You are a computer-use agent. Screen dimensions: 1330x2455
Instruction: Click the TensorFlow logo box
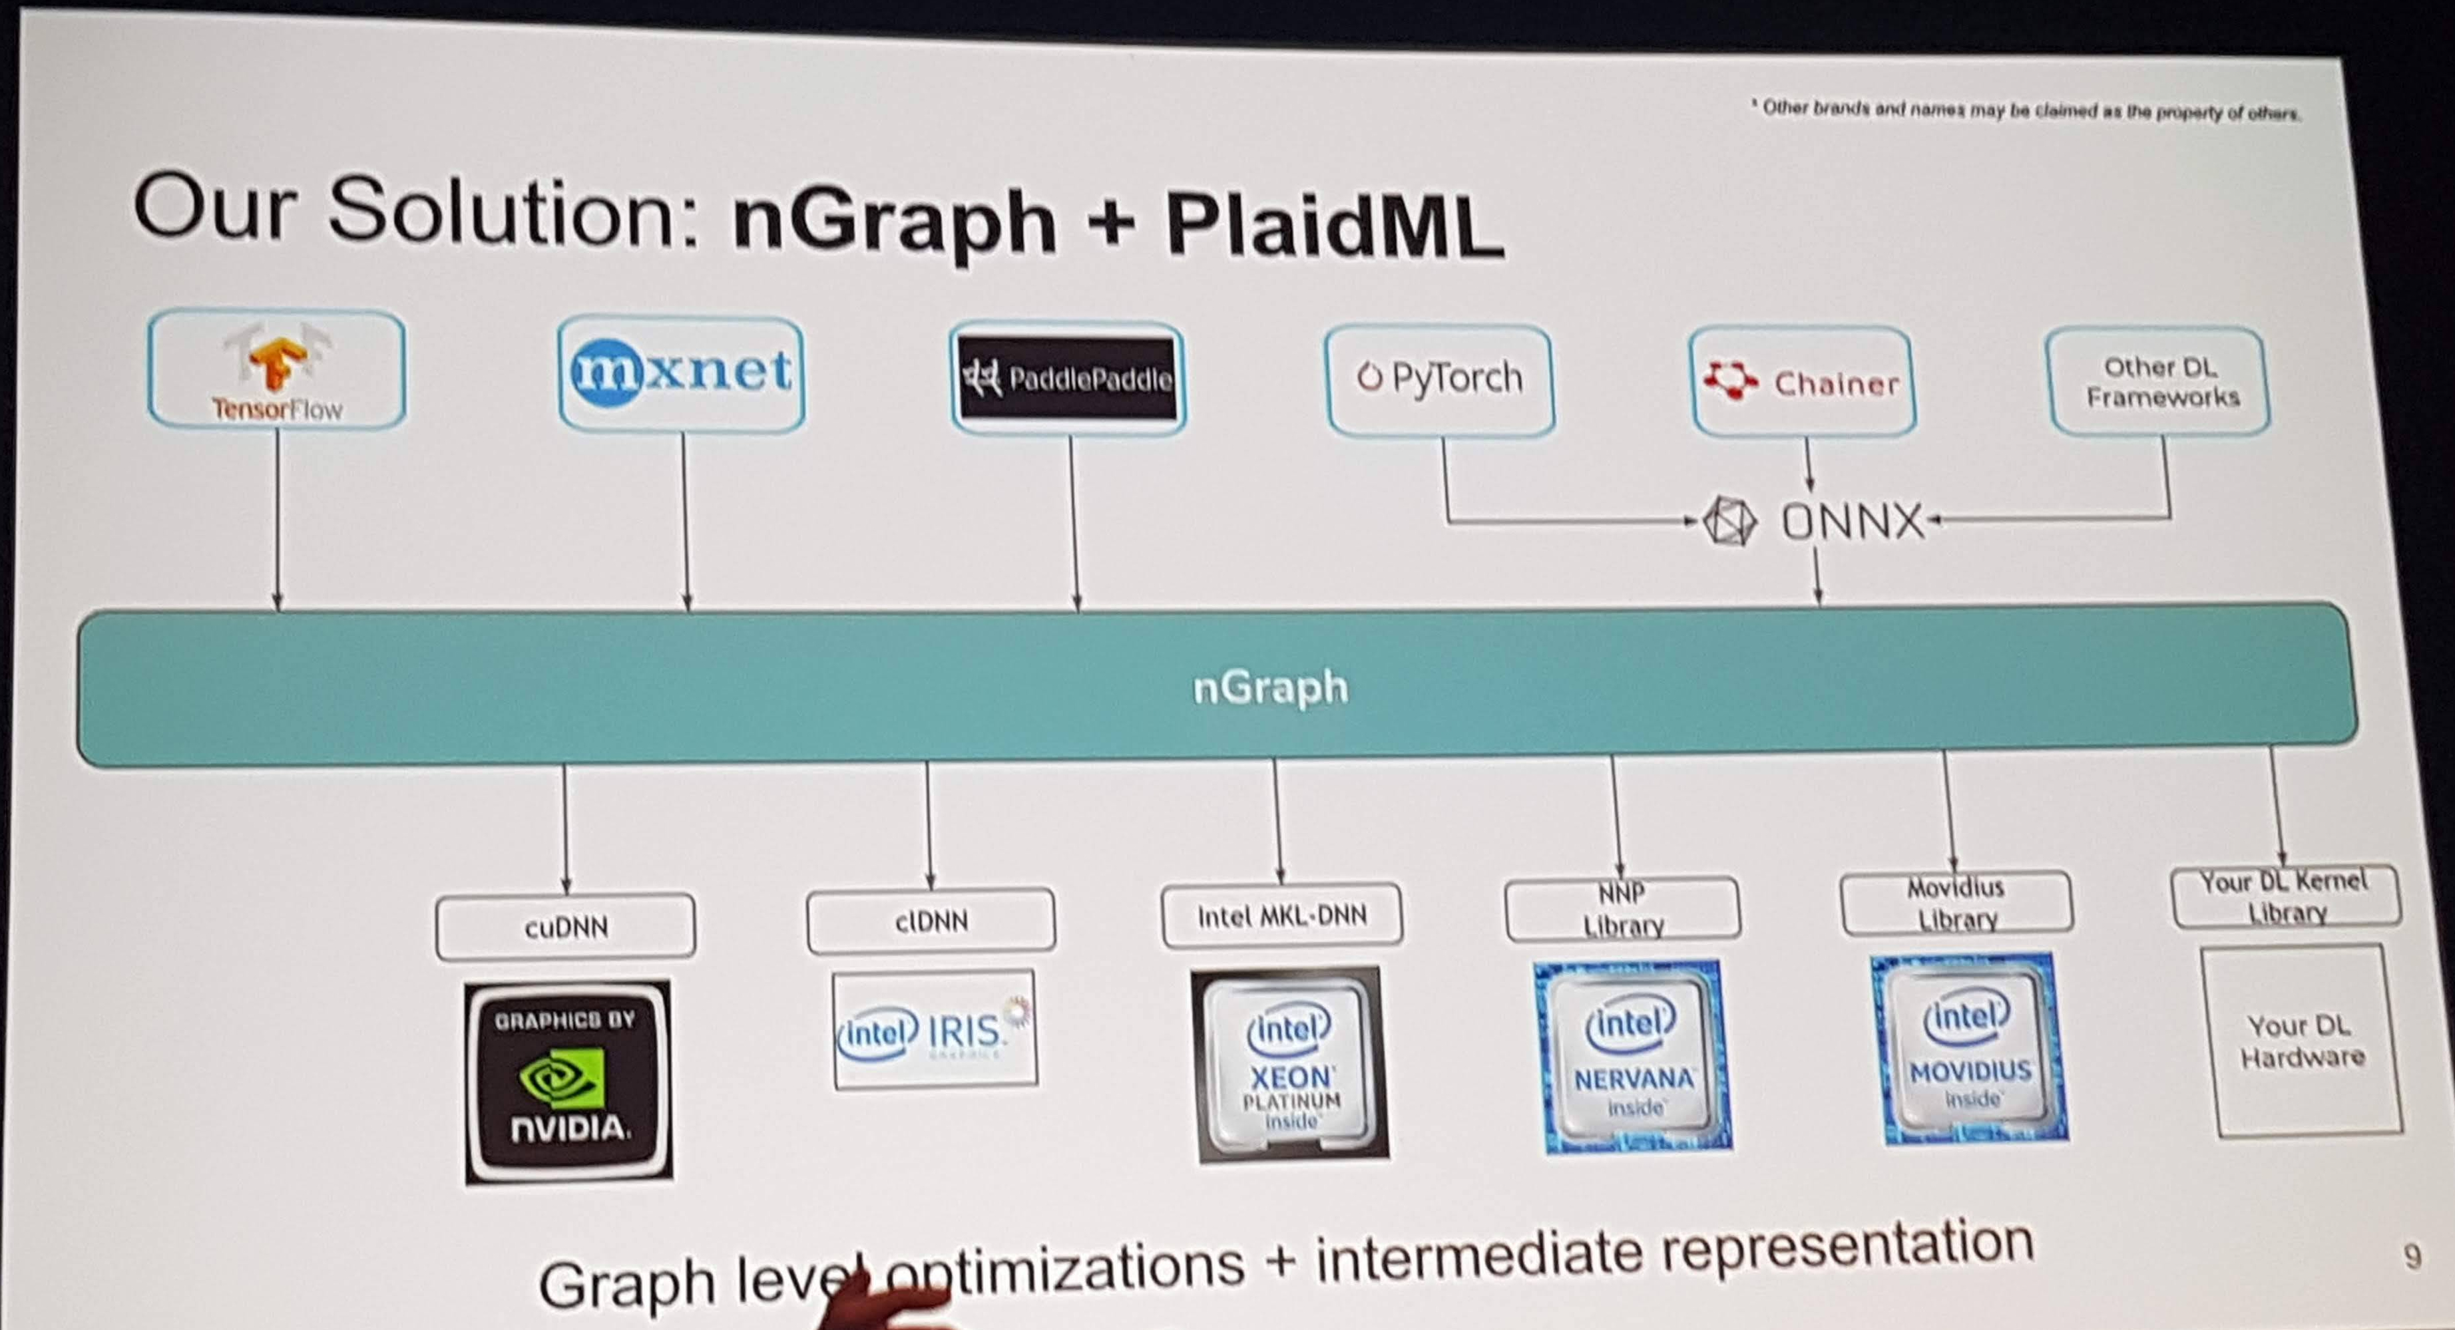click(x=276, y=370)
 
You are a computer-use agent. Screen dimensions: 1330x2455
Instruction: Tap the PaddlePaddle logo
click(x=1067, y=378)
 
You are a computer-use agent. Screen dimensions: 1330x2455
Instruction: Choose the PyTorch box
click(x=1440, y=379)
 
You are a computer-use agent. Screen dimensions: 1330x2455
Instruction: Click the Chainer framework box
click(x=1802, y=382)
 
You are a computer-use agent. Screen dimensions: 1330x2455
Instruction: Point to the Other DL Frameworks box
click(x=2159, y=381)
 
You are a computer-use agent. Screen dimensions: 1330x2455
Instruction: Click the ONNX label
click(x=1852, y=522)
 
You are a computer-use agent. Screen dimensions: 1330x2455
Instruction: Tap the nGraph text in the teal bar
click(x=1269, y=687)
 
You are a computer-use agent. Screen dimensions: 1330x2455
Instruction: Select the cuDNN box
click(x=565, y=926)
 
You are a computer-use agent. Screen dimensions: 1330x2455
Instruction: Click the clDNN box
click(x=931, y=920)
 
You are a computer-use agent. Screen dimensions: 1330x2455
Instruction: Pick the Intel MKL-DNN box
click(x=1282, y=915)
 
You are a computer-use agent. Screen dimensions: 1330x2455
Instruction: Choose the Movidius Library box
click(x=1956, y=903)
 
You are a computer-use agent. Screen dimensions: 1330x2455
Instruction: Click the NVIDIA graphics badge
click(x=568, y=1081)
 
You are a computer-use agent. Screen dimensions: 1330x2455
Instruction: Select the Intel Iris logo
click(x=935, y=1030)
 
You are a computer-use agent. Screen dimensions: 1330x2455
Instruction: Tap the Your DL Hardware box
click(x=2303, y=1041)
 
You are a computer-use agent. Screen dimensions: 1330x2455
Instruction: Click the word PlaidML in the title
click(x=1334, y=225)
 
